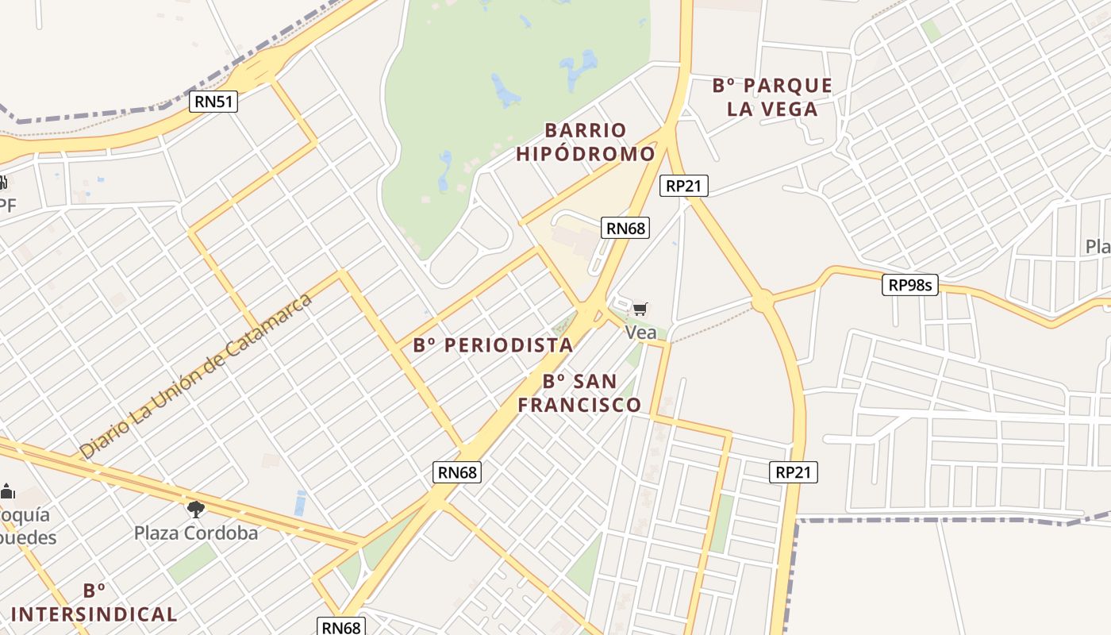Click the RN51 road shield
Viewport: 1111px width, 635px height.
(x=214, y=101)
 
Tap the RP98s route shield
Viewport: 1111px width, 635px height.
(x=909, y=285)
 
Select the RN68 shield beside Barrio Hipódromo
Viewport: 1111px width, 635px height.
(x=625, y=228)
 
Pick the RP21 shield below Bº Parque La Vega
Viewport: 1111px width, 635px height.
(x=683, y=186)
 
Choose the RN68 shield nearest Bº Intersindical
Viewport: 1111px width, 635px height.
(x=341, y=626)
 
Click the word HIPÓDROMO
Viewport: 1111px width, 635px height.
(x=586, y=154)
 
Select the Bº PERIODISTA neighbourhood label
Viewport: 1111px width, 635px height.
(x=493, y=345)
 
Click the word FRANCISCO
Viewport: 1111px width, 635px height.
(x=579, y=405)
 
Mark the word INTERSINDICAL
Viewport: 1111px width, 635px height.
(x=94, y=614)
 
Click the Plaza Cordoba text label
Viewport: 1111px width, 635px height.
(x=196, y=533)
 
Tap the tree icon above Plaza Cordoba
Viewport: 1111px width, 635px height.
(x=195, y=509)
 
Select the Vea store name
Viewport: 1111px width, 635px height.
(x=640, y=333)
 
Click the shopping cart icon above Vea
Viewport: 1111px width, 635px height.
(x=640, y=309)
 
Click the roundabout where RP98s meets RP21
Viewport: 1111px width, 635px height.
(x=762, y=300)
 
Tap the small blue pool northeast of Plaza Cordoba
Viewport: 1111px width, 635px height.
(x=300, y=502)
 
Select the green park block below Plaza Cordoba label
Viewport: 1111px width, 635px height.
(x=191, y=562)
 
